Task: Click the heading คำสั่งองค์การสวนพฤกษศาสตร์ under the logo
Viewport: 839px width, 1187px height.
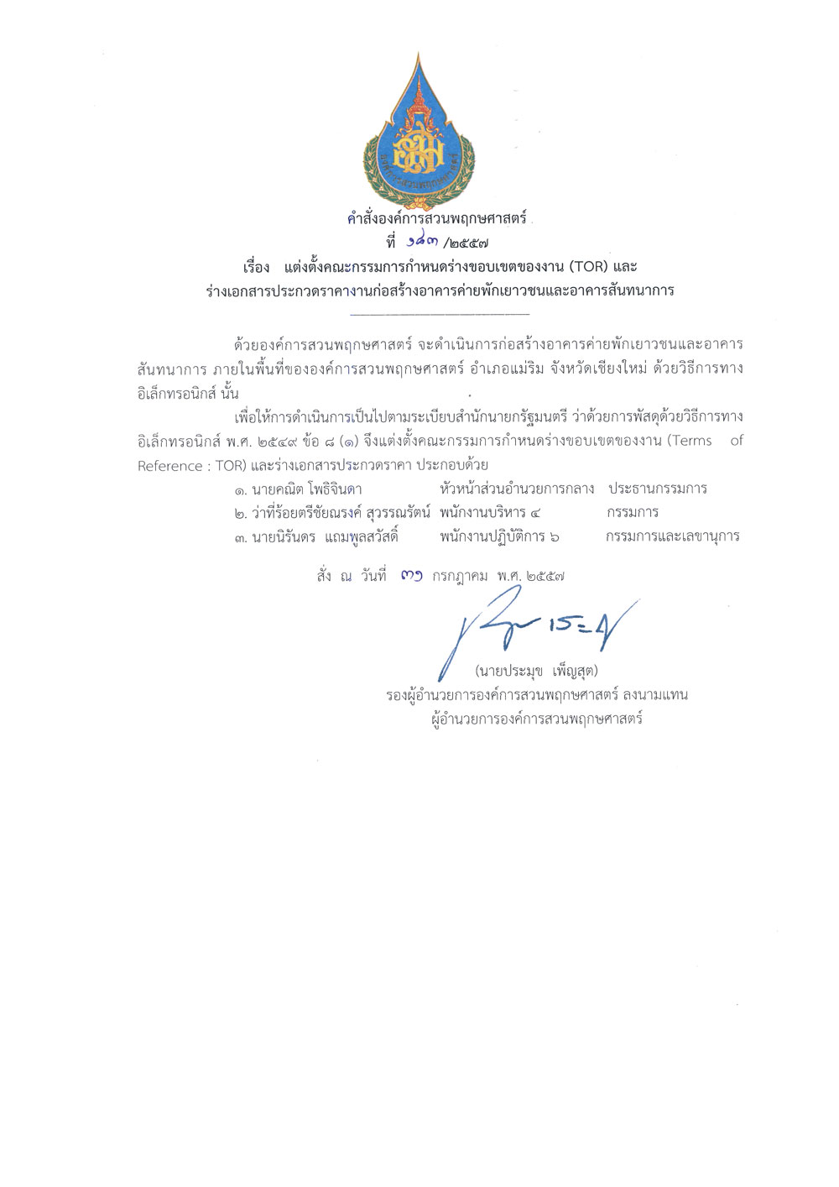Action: [x=436, y=219]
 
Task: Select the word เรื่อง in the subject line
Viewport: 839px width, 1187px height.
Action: [x=256, y=267]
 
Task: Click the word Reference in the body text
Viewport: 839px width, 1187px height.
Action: [x=170, y=466]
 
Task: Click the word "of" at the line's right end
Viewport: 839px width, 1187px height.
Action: [x=737, y=441]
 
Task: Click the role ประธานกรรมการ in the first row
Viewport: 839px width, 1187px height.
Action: [x=658, y=489]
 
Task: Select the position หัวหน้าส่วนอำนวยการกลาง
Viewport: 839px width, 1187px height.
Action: [x=516, y=489]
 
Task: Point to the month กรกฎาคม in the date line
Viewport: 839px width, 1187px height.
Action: [x=460, y=577]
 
